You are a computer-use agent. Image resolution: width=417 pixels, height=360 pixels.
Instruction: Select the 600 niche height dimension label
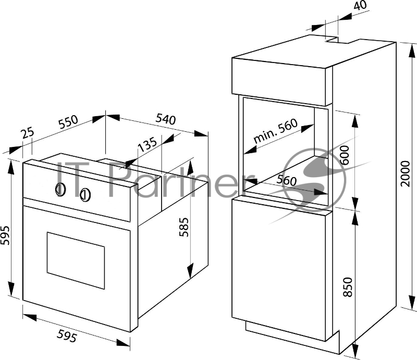click(344, 155)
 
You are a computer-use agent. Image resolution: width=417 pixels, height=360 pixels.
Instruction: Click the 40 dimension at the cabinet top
click(360, 6)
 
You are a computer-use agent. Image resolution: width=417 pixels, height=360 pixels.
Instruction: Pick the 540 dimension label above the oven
click(165, 118)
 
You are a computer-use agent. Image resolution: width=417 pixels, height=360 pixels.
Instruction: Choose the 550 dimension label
click(68, 123)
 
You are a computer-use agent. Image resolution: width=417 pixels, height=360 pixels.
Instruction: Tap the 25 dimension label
click(28, 133)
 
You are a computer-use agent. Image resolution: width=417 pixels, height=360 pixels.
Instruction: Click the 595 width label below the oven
click(67, 337)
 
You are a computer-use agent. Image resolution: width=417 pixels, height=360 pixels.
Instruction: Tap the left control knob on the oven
click(60, 190)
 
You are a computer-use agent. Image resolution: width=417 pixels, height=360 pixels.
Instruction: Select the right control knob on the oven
click(86, 195)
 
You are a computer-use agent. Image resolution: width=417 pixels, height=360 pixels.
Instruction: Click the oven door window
click(76, 260)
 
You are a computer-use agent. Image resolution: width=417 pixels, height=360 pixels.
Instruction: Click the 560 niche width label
click(287, 182)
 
